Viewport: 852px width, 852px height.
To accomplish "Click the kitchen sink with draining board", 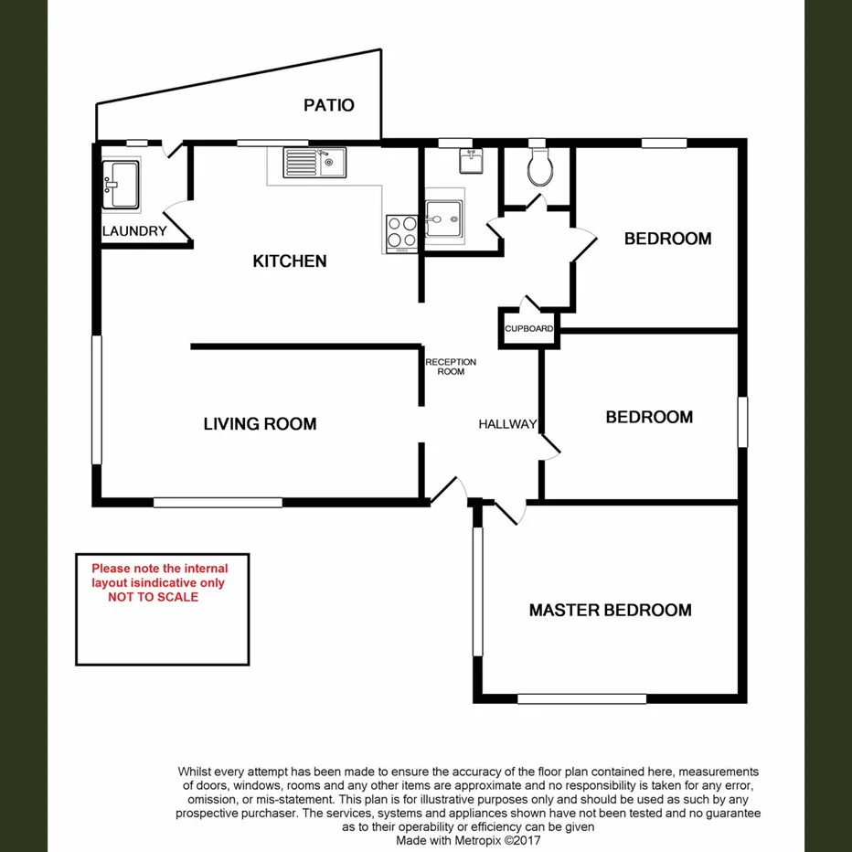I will (313, 163).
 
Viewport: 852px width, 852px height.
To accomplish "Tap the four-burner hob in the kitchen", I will (402, 231).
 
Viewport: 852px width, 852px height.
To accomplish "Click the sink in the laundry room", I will (121, 185).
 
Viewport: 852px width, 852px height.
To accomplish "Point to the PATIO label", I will (329, 105).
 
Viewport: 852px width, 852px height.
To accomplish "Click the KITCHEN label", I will (289, 261).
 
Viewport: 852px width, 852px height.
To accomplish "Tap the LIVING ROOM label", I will (260, 423).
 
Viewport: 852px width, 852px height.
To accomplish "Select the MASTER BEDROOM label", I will (610, 610).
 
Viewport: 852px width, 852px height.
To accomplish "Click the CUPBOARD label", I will (528, 329).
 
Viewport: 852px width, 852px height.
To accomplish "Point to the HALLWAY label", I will (507, 424).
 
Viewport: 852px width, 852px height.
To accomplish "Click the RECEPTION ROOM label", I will (451, 367).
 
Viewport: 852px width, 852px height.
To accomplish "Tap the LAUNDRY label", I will (134, 231).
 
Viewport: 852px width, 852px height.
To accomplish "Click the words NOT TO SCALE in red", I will (153, 597).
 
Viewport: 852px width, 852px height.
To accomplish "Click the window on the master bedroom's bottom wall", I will (581, 699).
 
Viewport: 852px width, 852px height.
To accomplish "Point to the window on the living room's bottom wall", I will (218, 502).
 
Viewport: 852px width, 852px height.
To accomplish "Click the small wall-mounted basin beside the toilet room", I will (472, 161).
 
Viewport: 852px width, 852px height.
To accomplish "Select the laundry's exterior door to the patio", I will (170, 150).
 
